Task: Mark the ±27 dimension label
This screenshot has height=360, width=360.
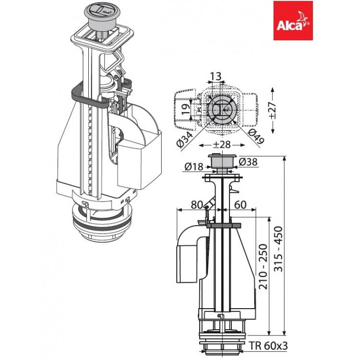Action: click(x=272, y=110)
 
